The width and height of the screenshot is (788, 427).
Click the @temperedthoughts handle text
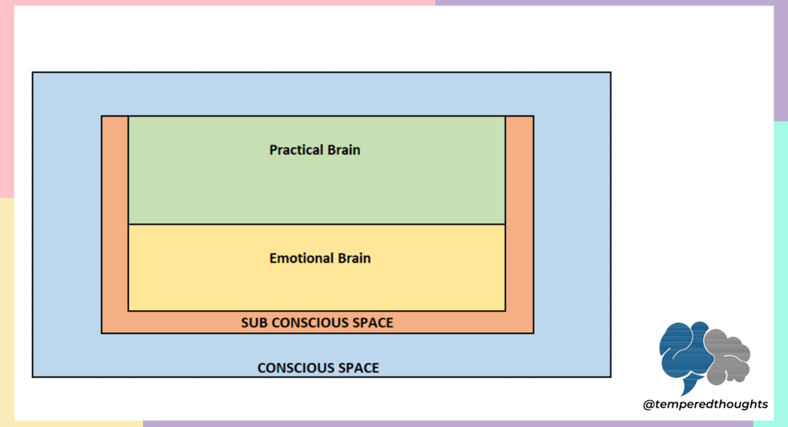705,404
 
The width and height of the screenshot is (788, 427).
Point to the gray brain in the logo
727,356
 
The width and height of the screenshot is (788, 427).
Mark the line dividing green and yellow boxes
316,224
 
